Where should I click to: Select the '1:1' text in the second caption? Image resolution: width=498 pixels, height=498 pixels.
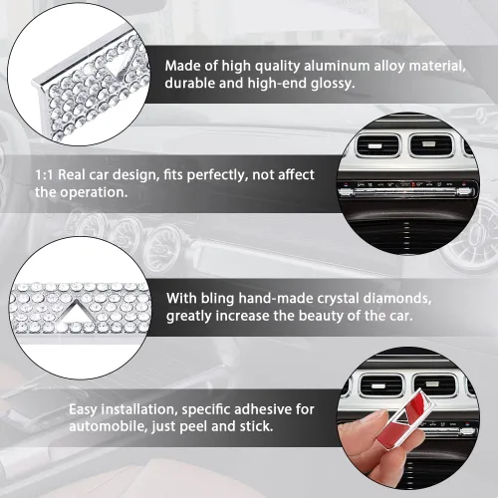point(44,175)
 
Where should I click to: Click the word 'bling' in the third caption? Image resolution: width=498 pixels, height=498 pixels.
point(217,299)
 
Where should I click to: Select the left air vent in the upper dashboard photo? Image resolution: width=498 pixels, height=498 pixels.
point(377,145)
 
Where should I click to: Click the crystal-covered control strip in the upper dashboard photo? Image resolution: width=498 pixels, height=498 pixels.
point(405,191)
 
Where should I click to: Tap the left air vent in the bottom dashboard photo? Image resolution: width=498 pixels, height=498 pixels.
point(381,385)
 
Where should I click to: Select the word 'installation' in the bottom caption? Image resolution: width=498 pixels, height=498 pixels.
point(137,409)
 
